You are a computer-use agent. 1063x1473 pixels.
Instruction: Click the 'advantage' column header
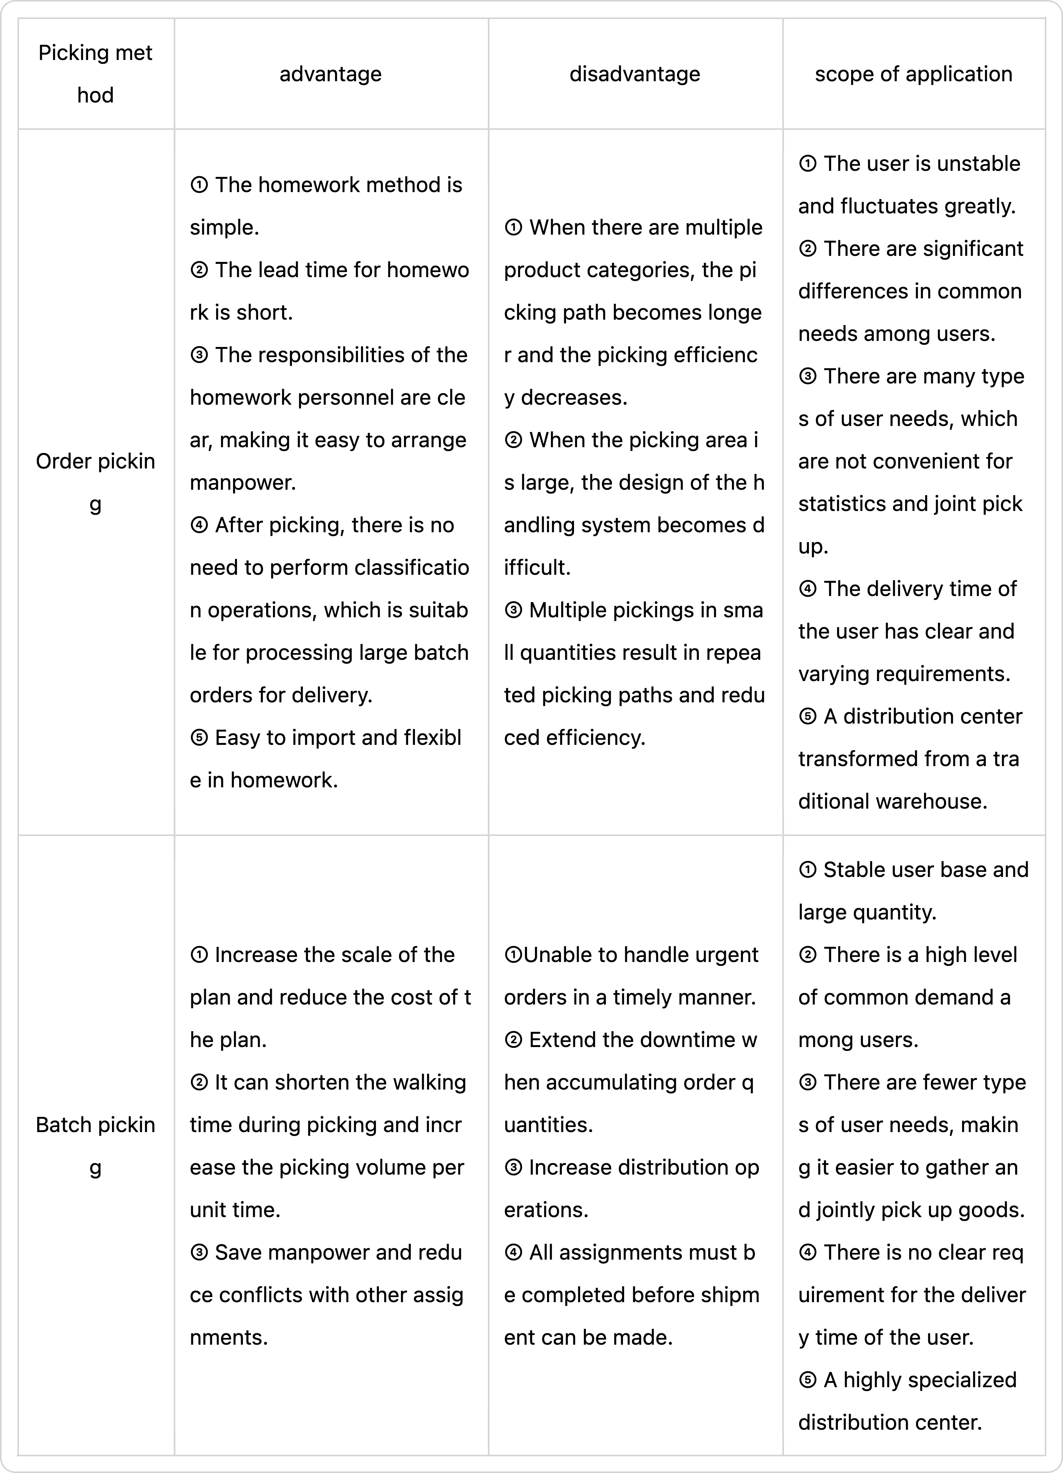331,74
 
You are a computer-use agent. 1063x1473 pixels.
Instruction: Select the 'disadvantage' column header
634,74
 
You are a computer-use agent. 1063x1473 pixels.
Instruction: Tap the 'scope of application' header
913,74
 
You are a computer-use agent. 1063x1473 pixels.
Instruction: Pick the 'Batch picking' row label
95,1146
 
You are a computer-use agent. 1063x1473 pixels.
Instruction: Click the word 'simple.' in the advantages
224,227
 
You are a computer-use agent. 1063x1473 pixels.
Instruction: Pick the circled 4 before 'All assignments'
513,1252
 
